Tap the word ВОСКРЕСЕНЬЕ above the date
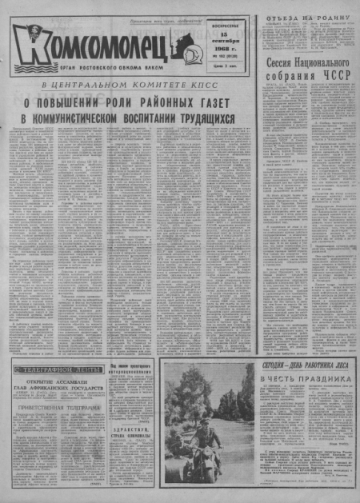pos(219,33)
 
